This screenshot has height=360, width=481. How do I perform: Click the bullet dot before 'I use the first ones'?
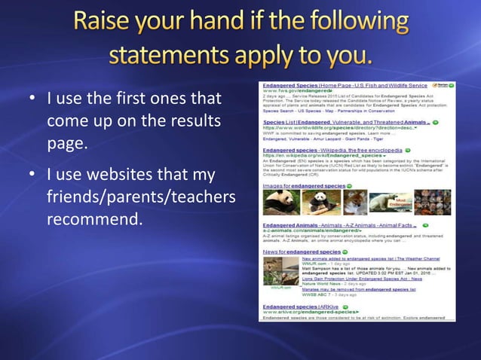32,99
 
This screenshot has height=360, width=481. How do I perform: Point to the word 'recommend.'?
94,221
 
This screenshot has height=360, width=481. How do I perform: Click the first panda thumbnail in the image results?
280,202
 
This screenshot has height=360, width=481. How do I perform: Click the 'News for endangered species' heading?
302,251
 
